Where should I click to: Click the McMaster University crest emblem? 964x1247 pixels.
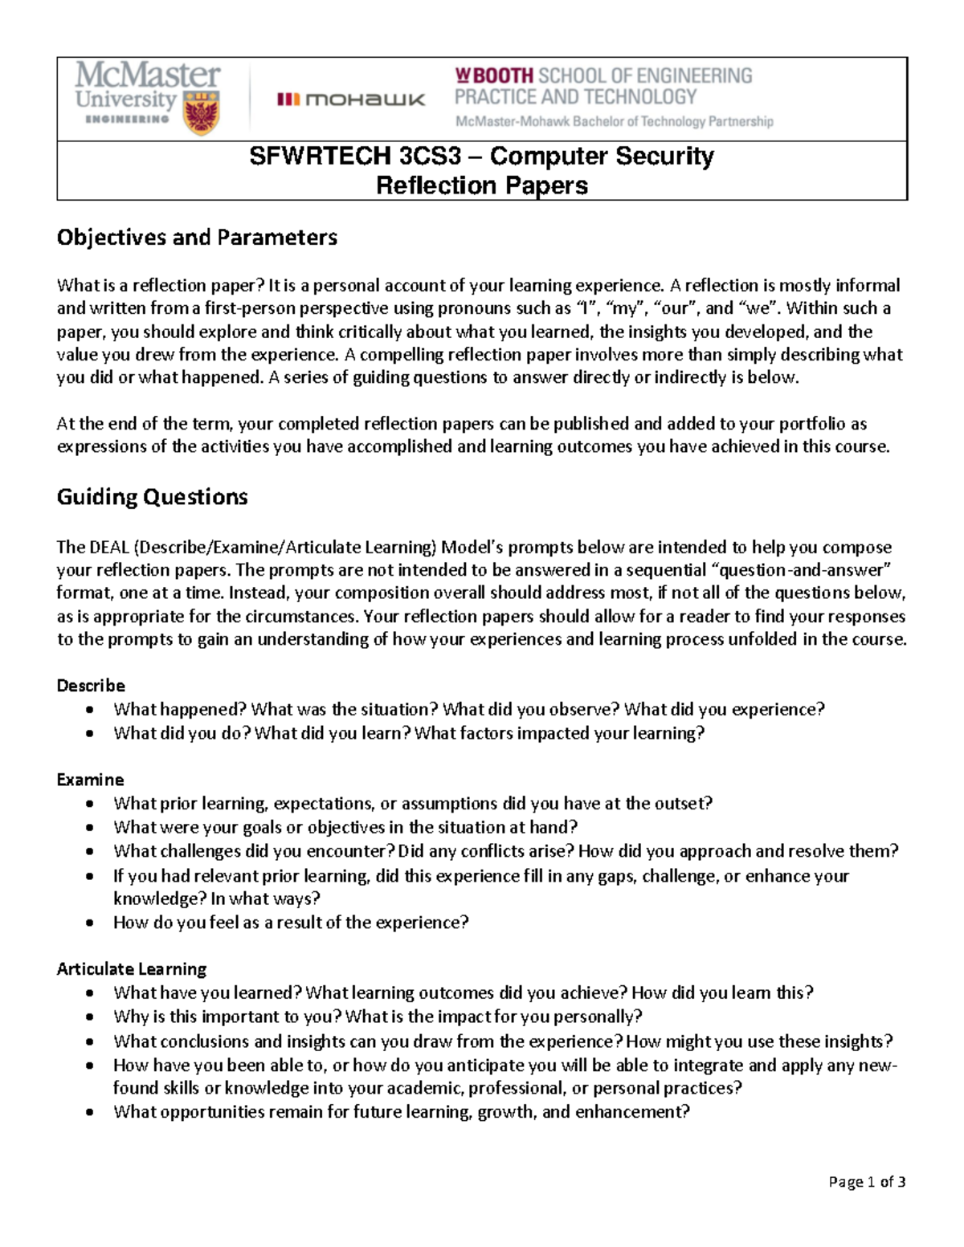(201, 112)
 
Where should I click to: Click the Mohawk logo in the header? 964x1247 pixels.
(351, 100)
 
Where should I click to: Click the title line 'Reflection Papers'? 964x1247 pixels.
(482, 185)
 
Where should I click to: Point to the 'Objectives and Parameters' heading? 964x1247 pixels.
(197, 238)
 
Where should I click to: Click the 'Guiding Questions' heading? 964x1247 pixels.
(152, 497)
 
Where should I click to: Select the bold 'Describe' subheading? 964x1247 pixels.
(91, 686)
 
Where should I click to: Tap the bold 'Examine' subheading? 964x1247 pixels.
(90, 780)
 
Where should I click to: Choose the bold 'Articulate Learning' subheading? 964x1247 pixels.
(132, 969)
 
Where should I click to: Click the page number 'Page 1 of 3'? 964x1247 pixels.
(867, 1181)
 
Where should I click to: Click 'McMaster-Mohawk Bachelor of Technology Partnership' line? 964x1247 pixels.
(614, 122)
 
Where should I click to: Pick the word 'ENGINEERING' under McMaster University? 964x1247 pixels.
(127, 119)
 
